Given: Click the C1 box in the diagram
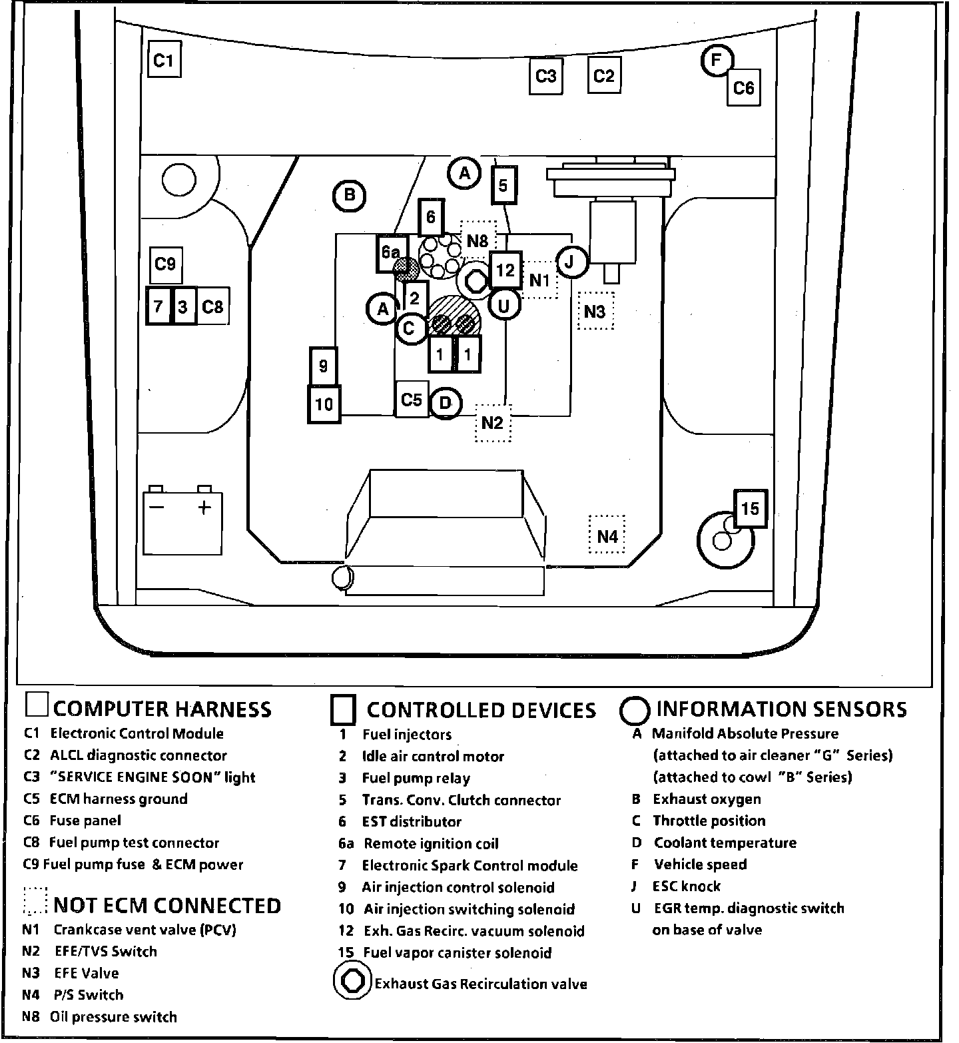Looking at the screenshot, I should [x=164, y=60].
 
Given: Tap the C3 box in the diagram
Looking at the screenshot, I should [x=546, y=77].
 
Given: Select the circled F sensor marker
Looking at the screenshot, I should [x=717, y=61].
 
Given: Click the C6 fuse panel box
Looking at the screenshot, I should [x=743, y=87].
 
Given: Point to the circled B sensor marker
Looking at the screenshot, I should [x=349, y=196].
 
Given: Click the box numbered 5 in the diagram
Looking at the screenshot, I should [x=503, y=184].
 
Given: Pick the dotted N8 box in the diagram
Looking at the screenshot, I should [x=478, y=240].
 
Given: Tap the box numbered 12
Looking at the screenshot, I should [x=505, y=270].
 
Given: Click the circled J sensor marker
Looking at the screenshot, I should [x=570, y=262].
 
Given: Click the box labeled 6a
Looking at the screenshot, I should [x=391, y=252].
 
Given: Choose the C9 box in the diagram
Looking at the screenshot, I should [x=165, y=264].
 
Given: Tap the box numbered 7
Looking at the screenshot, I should [x=159, y=306].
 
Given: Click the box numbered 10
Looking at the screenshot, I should [x=324, y=404].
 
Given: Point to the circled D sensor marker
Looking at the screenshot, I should [x=446, y=403].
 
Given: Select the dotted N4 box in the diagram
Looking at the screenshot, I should [x=607, y=535].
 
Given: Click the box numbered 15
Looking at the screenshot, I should [x=750, y=509].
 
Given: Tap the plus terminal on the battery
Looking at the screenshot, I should [x=204, y=508].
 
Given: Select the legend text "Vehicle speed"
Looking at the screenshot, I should [x=700, y=865].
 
